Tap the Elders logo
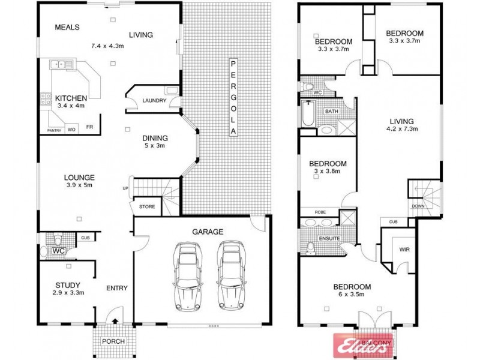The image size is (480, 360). (359, 344)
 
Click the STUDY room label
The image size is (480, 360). (67, 285)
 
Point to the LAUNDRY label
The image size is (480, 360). (154, 101)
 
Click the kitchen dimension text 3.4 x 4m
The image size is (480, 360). (70, 106)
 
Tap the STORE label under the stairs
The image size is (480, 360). (147, 207)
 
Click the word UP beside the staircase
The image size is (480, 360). (125, 188)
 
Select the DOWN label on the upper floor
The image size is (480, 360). (419, 206)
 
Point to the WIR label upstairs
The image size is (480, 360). (404, 250)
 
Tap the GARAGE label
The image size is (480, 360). (208, 231)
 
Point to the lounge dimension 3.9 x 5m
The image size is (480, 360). (80, 186)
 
